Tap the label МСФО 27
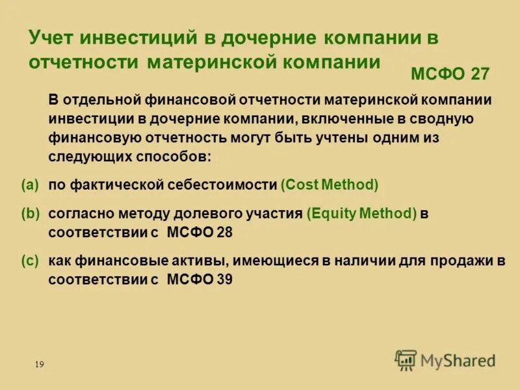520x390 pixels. click(x=450, y=74)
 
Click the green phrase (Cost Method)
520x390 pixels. click(x=330, y=185)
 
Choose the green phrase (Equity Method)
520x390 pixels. click(x=361, y=213)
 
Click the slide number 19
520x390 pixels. click(x=39, y=365)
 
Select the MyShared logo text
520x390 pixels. click(x=458, y=360)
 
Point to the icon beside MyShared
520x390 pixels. click(x=406, y=359)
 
